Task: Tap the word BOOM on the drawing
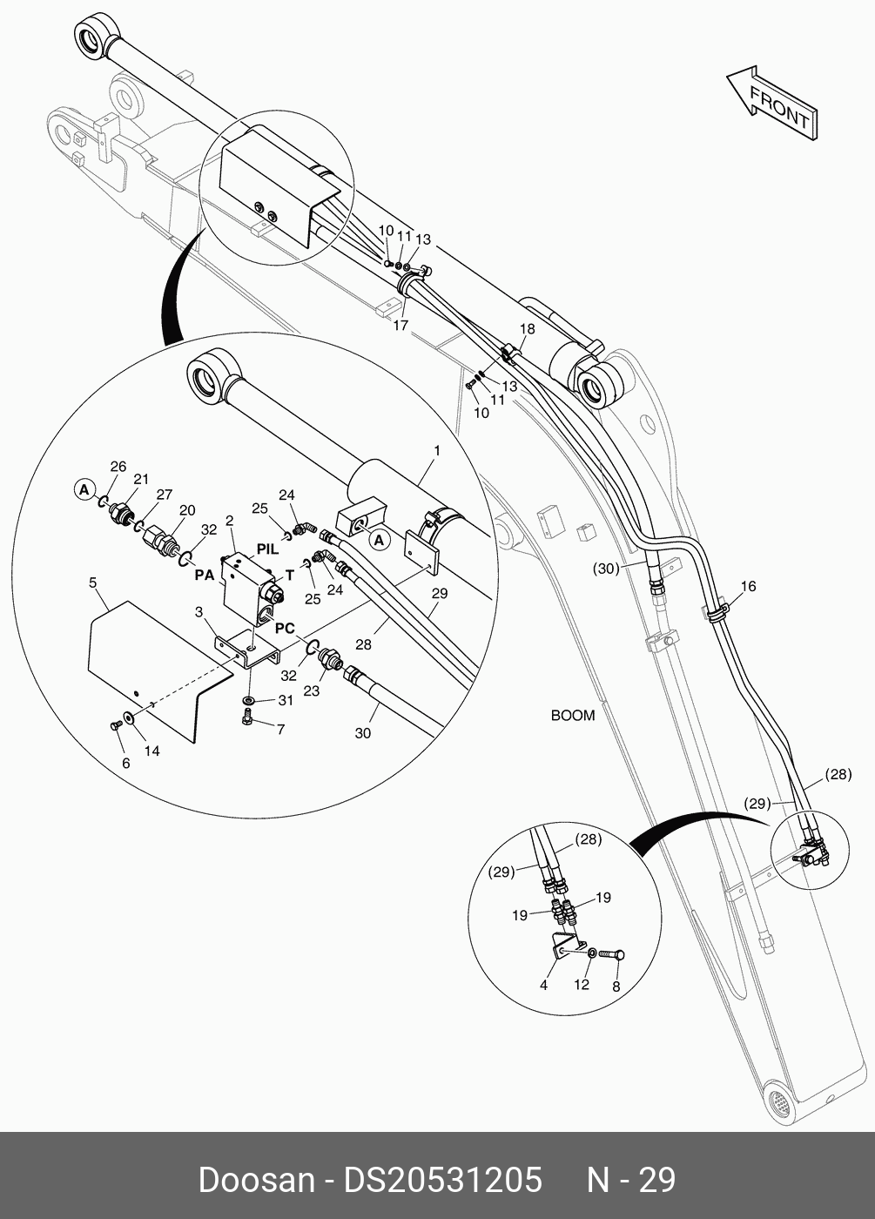pos(573,716)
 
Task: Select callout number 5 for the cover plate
pos(93,581)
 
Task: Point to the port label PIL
pos(268,549)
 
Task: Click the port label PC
pos(285,628)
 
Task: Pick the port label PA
pos(205,575)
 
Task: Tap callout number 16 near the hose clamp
pos(749,586)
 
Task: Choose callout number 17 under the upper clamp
pos(400,326)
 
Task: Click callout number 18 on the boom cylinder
pos(528,328)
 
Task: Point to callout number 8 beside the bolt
pos(616,987)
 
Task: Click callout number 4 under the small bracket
pos(543,985)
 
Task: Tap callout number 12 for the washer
pos(582,985)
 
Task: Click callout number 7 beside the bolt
pos(280,730)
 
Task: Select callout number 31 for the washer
pos(286,700)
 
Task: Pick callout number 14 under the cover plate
pos(151,751)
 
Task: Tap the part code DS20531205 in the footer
pos(443,1180)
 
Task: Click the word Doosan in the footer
pos(256,1180)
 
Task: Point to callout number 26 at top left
pos(118,466)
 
